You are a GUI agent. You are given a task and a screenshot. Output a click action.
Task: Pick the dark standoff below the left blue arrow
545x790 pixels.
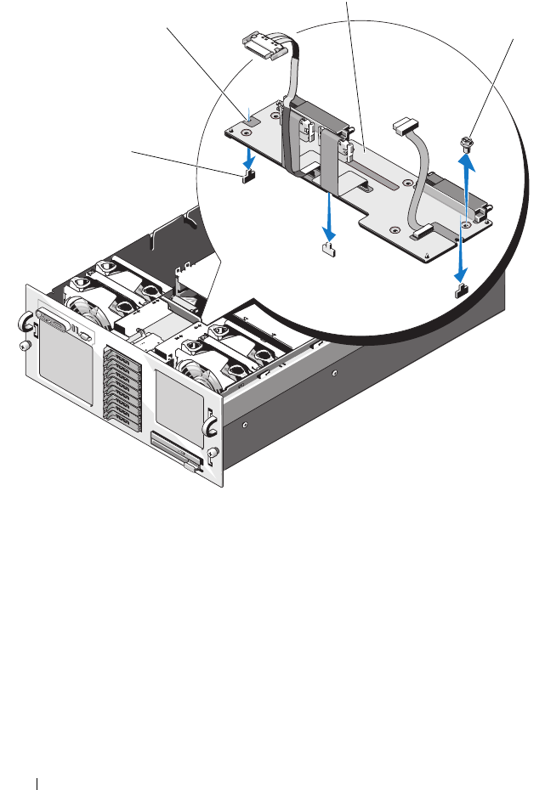pos(247,176)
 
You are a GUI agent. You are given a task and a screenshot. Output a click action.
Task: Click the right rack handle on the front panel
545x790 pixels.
pos(209,420)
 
